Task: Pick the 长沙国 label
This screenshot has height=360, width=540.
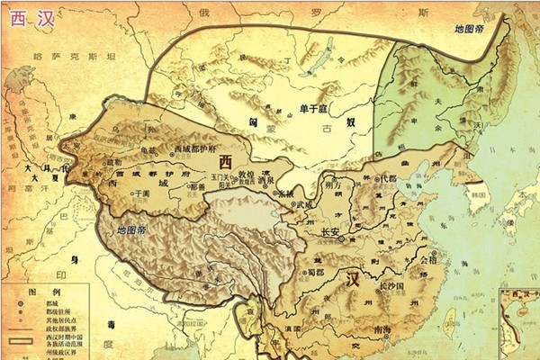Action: [395, 284]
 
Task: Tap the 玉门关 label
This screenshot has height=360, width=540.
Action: [220, 178]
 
